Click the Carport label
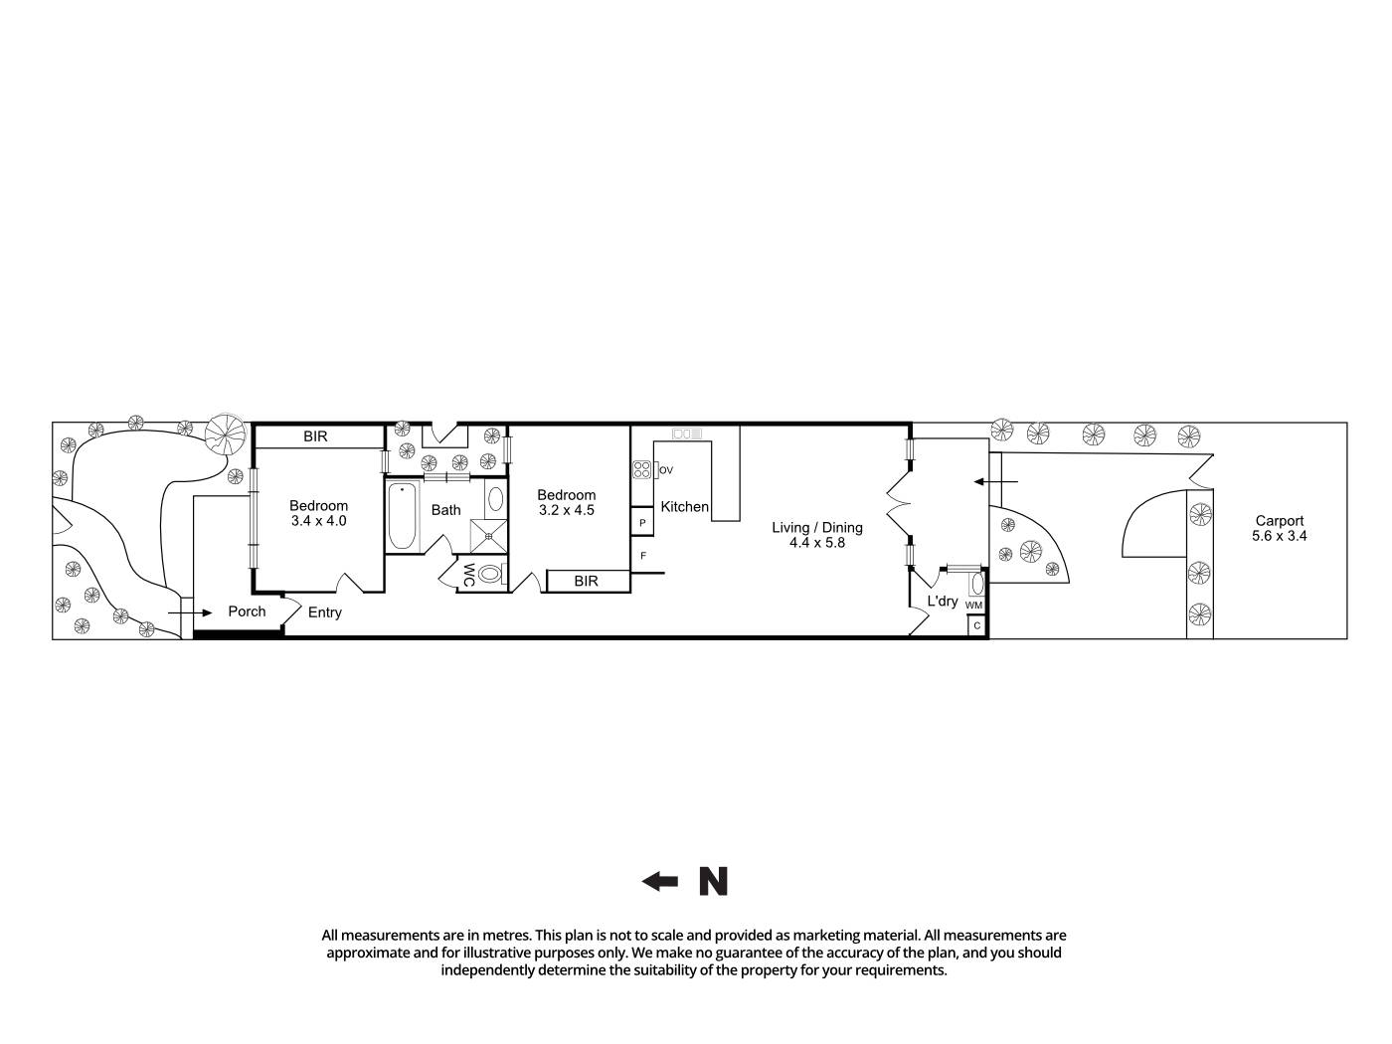(x=1279, y=520)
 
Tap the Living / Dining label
(x=817, y=527)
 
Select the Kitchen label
(x=684, y=506)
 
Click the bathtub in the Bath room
(x=402, y=515)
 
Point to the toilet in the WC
(x=490, y=574)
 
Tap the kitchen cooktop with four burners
(x=641, y=470)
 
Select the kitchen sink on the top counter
(x=687, y=434)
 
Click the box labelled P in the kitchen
(x=642, y=522)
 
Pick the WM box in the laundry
(x=974, y=605)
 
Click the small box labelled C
(x=976, y=625)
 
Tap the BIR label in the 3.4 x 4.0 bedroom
(x=315, y=436)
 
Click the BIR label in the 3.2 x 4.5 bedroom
(x=586, y=581)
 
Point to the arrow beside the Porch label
(x=189, y=612)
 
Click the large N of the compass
(x=713, y=881)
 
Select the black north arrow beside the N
(x=659, y=881)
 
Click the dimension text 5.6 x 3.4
(x=1279, y=536)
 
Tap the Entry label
(x=324, y=612)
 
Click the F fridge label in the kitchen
(x=643, y=555)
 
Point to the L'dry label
(x=942, y=601)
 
